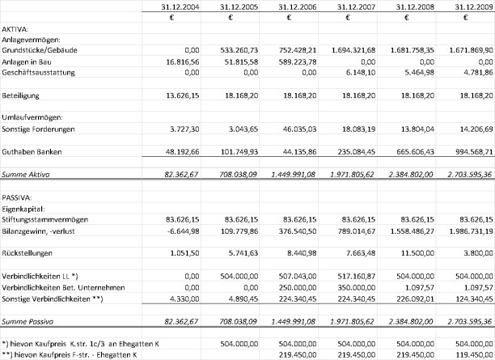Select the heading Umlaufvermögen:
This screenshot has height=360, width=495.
(x=33, y=116)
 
